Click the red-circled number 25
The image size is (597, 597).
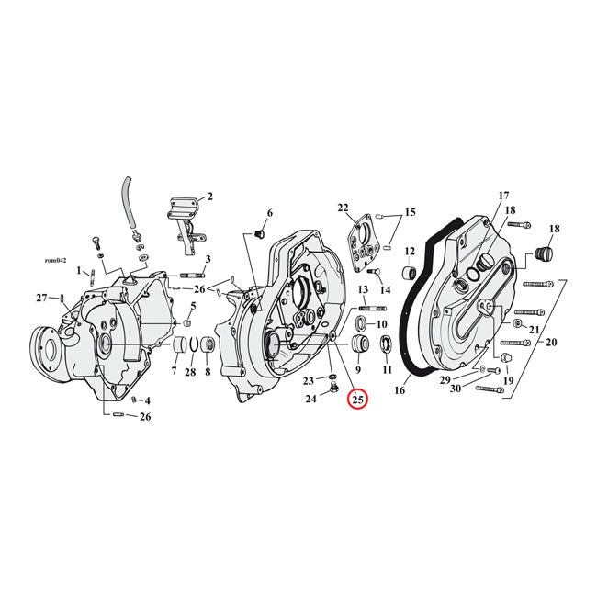click(x=357, y=400)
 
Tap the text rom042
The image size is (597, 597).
click(x=55, y=260)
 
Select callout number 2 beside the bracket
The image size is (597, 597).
click(x=209, y=197)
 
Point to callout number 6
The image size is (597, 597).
click(x=269, y=213)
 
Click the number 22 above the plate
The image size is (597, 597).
click(x=343, y=207)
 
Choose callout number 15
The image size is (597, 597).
click(x=410, y=213)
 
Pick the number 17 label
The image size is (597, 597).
click(x=502, y=196)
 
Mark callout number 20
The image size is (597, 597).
click(x=550, y=343)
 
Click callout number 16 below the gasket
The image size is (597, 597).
click(x=399, y=390)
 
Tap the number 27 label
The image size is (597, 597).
click(x=41, y=297)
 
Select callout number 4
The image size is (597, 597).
click(x=147, y=401)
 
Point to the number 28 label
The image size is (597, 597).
click(x=190, y=372)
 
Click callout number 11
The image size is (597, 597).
click(x=387, y=370)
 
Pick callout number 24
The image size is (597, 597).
click(x=310, y=399)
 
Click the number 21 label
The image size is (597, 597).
click(x=535, y=329)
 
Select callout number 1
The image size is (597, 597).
click(x=80, y=271)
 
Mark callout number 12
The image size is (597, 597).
click(x=410, y=251)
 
